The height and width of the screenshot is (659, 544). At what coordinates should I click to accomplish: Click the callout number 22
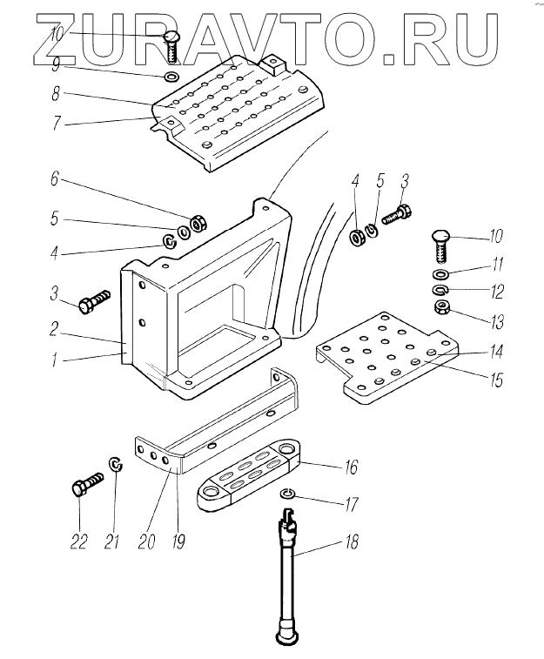click(78, 541)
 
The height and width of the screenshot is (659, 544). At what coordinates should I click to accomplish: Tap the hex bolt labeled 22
click(87, 484)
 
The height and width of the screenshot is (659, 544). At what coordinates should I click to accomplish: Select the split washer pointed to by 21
click(116, 464)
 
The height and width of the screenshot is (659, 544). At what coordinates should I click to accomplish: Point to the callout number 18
click(352, 541)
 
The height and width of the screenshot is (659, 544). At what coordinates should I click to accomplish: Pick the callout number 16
click(351, 467)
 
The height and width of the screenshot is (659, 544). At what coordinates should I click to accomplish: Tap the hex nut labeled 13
click(441, 309)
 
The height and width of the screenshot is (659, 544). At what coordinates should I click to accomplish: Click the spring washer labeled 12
click(440, 290)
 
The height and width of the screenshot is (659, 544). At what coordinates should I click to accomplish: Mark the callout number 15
click(496, 380)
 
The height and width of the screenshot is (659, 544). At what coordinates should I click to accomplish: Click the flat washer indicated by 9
click(171, 77)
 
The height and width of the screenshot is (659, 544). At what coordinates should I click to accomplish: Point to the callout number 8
click(56, 94)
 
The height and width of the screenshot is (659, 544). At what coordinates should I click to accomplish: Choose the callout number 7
click(57, 123)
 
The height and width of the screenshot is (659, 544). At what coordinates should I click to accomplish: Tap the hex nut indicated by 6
click(197, 223)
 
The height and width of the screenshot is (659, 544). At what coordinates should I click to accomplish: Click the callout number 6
click(56, 180)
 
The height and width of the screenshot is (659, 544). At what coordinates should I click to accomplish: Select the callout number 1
click(55, 360)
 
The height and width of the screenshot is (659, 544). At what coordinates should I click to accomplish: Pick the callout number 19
click(178, 541)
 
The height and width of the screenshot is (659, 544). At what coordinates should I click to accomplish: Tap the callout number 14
click(496, 352)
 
